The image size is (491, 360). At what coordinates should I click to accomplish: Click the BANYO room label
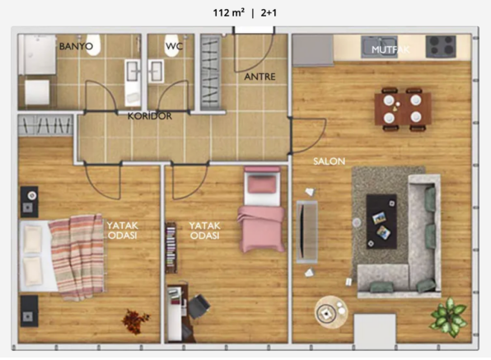76,46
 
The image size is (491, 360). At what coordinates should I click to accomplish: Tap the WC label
174,46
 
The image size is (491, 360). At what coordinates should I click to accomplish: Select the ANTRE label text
260,77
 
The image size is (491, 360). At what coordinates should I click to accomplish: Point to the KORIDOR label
150,116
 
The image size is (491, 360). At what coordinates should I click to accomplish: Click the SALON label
330,161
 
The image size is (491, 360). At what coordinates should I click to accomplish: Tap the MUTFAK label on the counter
390,49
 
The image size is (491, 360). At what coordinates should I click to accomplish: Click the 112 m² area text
229,13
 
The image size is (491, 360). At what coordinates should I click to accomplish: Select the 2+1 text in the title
269,13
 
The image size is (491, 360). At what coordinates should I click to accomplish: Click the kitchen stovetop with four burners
441,46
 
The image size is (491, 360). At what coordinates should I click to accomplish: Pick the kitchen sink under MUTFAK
379,47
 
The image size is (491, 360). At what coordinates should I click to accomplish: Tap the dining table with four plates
403,109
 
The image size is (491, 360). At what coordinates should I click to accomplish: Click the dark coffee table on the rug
381,222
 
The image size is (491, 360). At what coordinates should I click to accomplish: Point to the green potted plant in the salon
448,317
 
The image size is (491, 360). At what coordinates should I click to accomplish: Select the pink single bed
262,209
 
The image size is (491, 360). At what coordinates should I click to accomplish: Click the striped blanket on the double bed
77,257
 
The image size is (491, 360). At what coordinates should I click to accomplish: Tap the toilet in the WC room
171,46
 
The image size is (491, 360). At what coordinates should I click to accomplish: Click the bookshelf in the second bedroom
171,248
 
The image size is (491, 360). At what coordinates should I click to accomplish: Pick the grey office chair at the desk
199,306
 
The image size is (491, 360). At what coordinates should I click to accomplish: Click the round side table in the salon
331,312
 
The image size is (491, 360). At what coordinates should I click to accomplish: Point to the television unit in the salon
306,232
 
